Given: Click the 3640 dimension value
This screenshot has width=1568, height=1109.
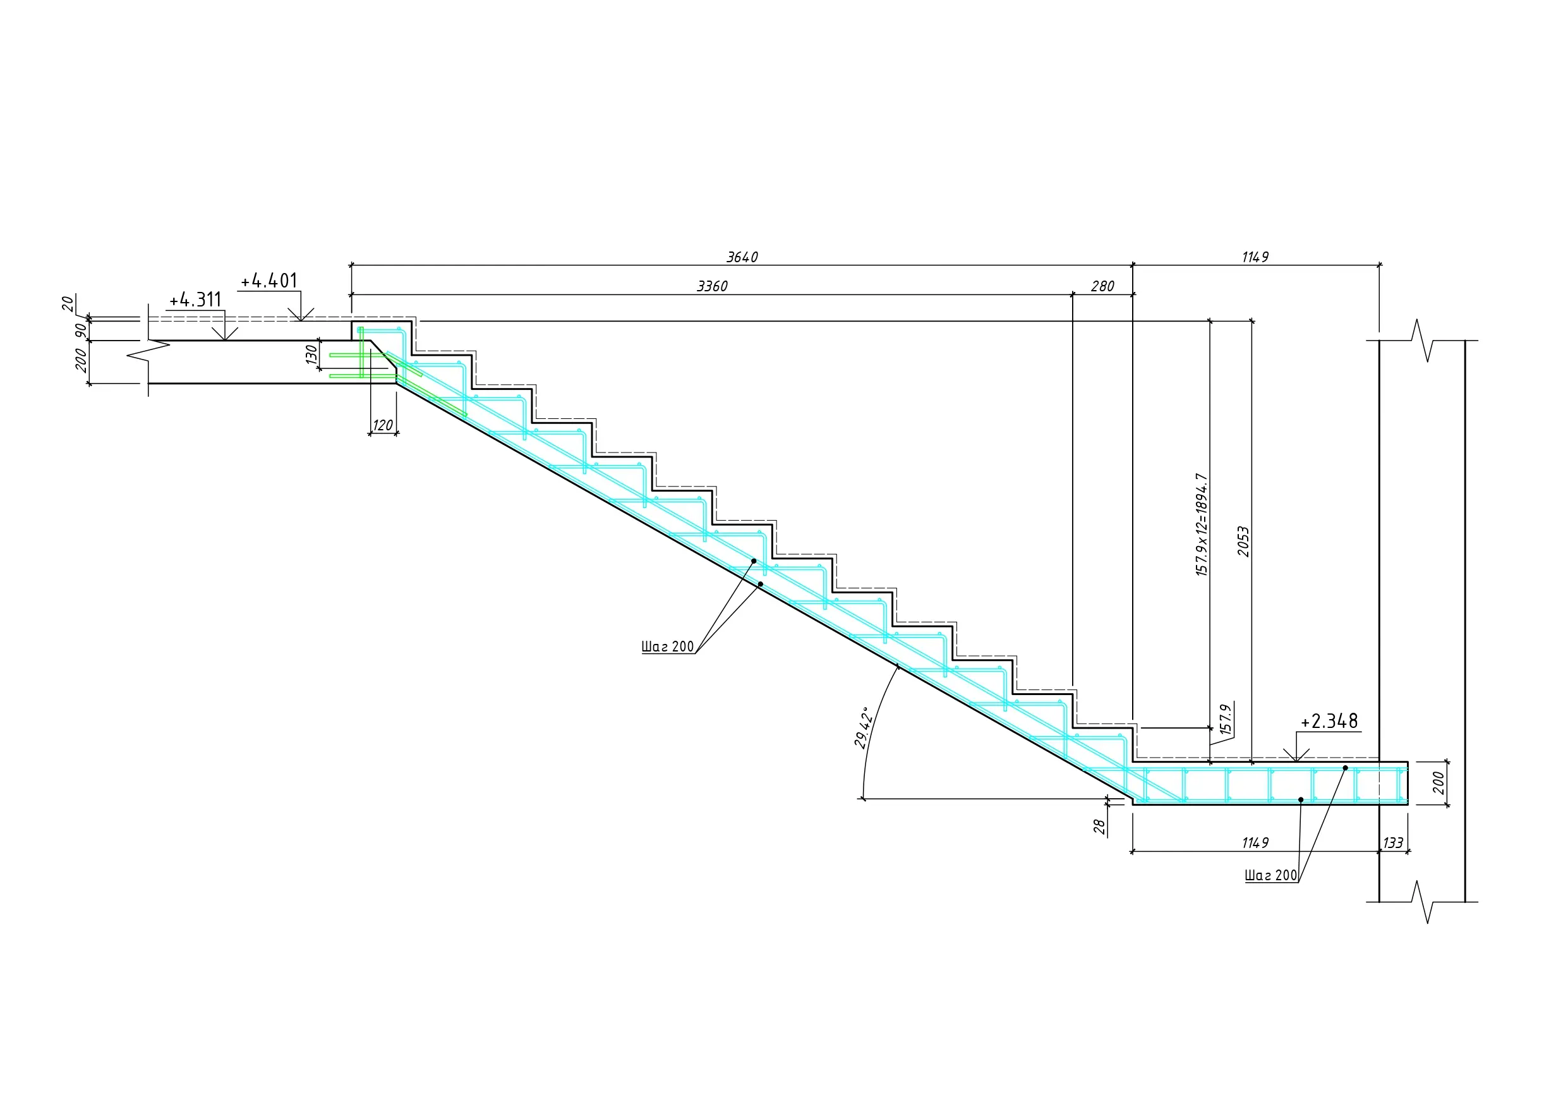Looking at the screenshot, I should pos(742,258).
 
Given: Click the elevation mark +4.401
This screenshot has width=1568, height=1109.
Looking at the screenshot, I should pos(268,281).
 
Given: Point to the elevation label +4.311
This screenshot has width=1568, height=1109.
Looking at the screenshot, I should pos(195,300).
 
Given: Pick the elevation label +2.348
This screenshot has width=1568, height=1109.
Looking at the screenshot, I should pos(1329,722).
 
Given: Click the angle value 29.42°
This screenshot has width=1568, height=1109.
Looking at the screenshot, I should pos(864,729).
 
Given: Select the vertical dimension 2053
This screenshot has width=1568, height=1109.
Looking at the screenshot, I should pos(1243,541).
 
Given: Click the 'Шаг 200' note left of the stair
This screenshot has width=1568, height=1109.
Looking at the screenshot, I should pos(667,647).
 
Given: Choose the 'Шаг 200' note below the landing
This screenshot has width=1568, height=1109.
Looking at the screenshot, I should pos(1270,876).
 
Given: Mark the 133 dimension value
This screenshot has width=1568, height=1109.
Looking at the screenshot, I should pos(1392,843).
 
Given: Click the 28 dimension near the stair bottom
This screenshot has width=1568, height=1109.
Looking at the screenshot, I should pos(1099,827).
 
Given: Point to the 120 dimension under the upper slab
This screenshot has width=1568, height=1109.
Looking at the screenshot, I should pos(382,426).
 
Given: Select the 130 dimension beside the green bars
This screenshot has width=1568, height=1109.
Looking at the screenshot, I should pos(311,354).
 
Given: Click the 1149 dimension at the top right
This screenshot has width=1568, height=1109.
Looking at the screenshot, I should pos(1255,258).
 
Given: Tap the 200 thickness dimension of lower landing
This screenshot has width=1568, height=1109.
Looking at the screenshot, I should pos(1438,783).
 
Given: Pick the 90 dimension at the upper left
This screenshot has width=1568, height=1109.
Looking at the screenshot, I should pos(81,330).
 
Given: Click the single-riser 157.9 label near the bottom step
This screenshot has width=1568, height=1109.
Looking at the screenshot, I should pos(1225,720).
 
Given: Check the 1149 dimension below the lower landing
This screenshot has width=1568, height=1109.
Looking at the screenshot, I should pos(1255,843).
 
